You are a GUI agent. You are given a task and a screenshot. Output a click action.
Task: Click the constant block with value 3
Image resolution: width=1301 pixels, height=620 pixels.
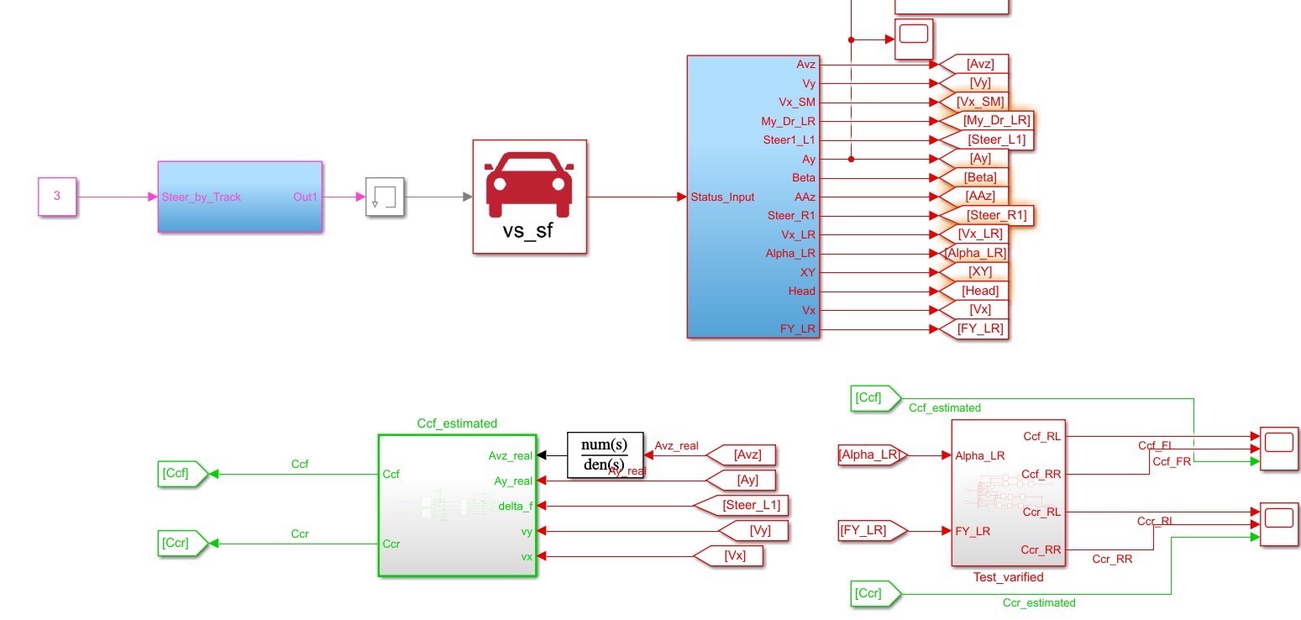click(57, 197)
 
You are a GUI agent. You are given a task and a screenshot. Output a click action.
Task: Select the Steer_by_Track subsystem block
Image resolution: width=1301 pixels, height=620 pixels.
click(239, 197)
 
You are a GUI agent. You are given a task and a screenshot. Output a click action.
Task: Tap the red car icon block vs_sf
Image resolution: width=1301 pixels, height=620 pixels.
click(529, 196)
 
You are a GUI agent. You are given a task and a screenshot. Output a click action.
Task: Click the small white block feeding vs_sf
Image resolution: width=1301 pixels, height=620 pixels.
click(385, 197)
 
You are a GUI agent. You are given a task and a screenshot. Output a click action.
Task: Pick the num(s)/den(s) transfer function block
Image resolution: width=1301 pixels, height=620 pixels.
click(604, 454)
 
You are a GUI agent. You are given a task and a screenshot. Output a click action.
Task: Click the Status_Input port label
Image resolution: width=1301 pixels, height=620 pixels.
click(722, 197)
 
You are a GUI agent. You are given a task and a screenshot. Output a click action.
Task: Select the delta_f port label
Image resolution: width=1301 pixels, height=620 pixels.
click(515, 506)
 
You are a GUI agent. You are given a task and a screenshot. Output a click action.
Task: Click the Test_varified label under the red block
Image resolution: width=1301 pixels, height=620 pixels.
click(1008, 577)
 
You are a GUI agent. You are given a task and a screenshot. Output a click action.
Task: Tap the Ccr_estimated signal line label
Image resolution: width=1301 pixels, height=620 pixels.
click(1038, 602)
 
